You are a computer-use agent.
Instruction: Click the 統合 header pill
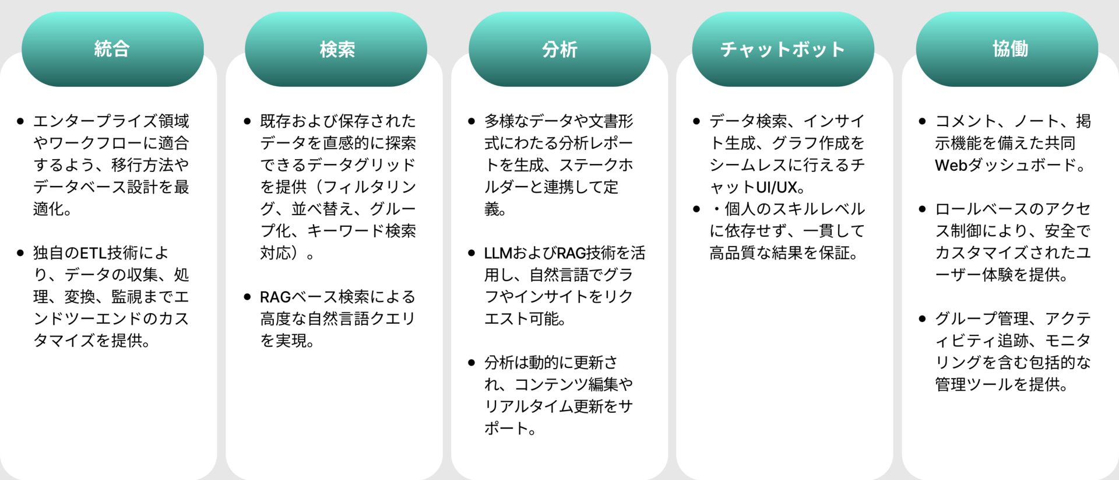pyautogui.click(x=112, y=49)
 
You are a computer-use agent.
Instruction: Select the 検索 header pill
pyautogui.click(x=336, y=49)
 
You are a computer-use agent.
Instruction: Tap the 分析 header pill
pyautogui.click(x=559, y=49)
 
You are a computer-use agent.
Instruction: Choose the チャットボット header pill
pyautogui.click(x=783, y=49)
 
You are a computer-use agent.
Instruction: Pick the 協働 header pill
pyautogui.click(x=1007, y=49)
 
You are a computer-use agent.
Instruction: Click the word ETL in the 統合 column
pyautogui.click(x=93, y=253)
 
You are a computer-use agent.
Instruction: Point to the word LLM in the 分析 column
pyautogui.click(x=498, y=253)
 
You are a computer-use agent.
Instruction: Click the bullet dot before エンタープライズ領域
pyautogui.click(x=21, y=121)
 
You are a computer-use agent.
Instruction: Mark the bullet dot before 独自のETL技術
pyautogui.click(x=21, y=253)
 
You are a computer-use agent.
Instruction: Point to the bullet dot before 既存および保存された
pyautogui.click(x=247, y=121)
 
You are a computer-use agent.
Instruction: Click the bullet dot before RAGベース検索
pyautogui.click(x=247, y=297)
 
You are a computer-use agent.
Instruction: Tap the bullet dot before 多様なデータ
pyautogui.click(x=471, y=121)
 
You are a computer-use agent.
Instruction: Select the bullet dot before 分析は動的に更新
pyautogui.click(x=471, y=363)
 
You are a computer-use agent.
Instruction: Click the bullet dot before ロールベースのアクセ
pyautogui.click(x=922, y=209)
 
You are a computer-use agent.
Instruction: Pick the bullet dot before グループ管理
pyautogui.click(x=922, y=318)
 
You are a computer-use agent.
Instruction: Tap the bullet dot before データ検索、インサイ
pyautogui.click(x=696, y=121)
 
